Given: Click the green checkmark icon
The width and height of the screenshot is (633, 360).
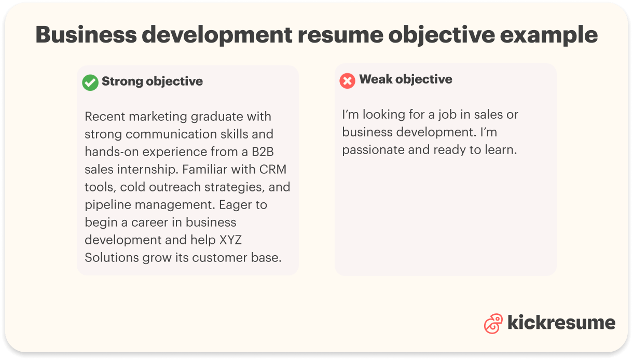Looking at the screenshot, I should click(90, 82).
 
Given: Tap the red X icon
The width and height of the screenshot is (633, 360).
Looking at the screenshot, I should click(347, 80).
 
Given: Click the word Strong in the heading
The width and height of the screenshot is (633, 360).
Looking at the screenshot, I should click(122, 81).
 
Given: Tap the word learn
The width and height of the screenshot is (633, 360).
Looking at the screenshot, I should click(500, 150).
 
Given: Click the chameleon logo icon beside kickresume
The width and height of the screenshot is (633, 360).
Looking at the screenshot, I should click(493, 323).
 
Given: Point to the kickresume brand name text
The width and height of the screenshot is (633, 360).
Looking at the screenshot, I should click(561, 323).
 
